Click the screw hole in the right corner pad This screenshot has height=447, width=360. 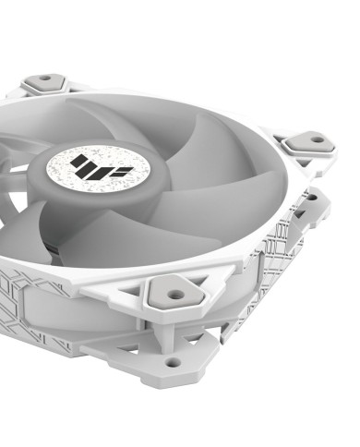click(x=317, y=139)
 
